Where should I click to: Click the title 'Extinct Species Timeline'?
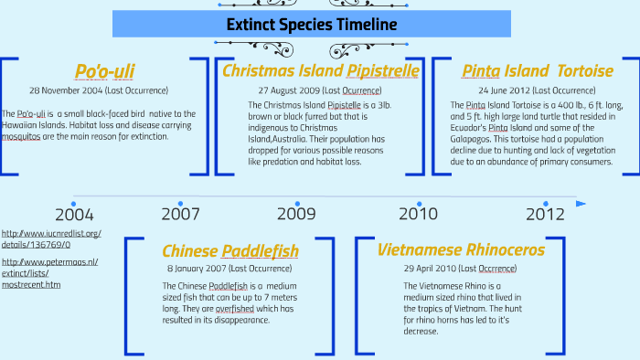point(312,24)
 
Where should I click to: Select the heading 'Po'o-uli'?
point(104,71)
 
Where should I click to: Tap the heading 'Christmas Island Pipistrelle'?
point(321,70)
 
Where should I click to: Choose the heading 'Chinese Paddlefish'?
point(230,250)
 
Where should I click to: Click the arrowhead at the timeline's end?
point(581,203)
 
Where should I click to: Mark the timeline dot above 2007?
point(180,203)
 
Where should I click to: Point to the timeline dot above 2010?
point(419,203)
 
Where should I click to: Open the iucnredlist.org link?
point(51,239)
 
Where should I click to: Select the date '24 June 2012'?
point(504,90)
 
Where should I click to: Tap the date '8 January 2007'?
point(196,269)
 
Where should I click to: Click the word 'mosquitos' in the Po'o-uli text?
point(27,136)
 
